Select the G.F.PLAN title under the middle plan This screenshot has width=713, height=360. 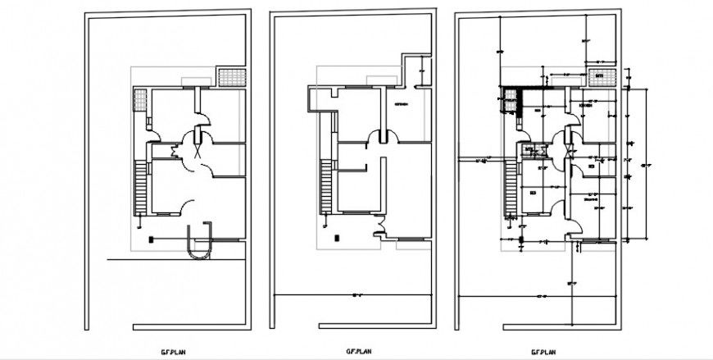(352, 351)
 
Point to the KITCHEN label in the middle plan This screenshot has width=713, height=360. (402, 104)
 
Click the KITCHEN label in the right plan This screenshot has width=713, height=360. (587, 105)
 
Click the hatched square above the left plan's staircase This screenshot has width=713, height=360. (140, 103)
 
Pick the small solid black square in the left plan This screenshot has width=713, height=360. (151, 239)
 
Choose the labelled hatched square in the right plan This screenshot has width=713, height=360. (600, 76)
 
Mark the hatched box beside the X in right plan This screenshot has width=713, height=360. (529, 150)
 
